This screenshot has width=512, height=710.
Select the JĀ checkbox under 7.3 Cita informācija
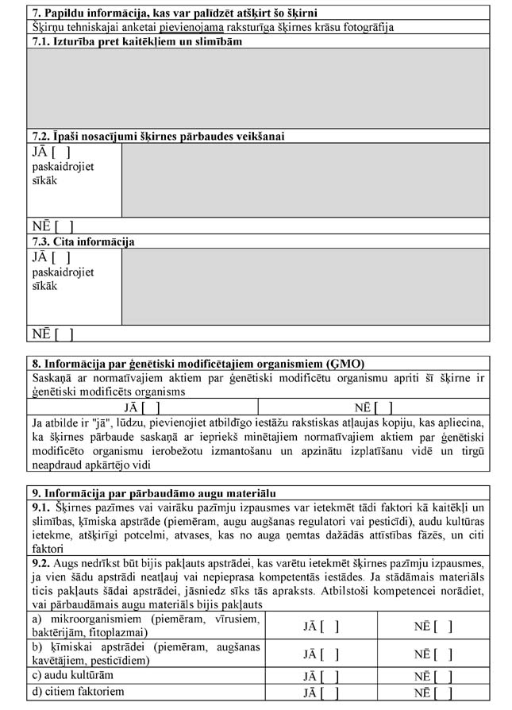pyautogui.click(x=61, y=257)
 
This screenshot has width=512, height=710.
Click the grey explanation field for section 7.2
pyautogui.click(x=305, y=180)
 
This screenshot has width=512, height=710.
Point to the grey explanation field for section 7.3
pyautogui.click(x=305, y=287)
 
